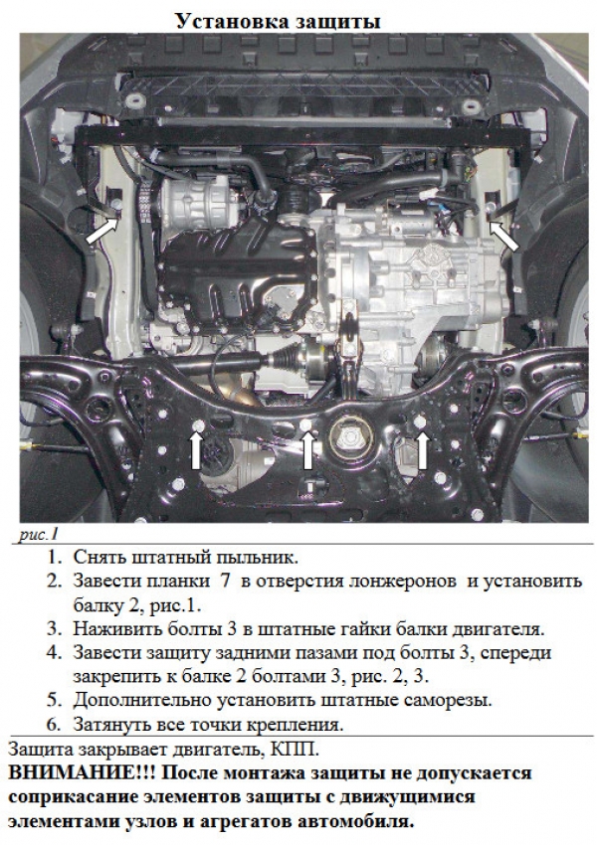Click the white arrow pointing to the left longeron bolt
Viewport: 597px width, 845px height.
[x=100, y=230]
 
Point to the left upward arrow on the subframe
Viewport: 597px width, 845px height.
[x=196, y=450]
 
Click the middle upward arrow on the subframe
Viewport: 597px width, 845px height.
[x=307, y=450]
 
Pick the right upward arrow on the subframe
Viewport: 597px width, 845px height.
[x=422, y=450]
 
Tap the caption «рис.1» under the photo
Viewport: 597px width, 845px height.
[x=38, y=534]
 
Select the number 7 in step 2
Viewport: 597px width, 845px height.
[x=225, y=581]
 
